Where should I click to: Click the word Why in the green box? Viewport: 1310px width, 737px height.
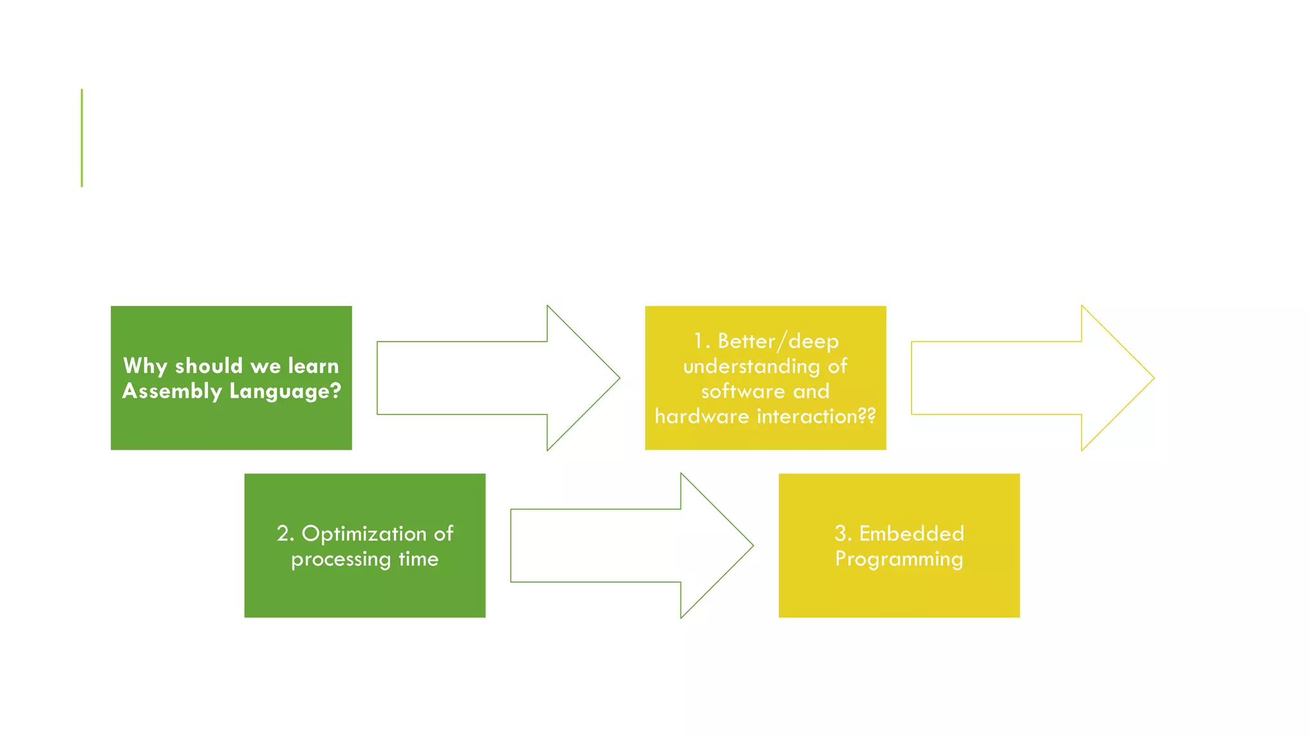(x=146, y=366)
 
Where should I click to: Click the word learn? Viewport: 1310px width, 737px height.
(x=313, y=366)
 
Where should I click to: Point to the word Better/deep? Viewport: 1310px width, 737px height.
(x=778, y=341)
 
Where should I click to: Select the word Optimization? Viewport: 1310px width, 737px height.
(x=364, y=534)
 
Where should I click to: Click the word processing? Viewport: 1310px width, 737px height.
(x=341, y=559)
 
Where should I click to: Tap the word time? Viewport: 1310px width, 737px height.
(x=418, y=559)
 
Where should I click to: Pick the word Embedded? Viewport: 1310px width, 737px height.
(x=911, y=534)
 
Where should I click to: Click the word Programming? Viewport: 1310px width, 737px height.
(x=899, y=559)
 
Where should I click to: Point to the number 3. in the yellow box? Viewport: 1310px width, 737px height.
(x=842, y=534)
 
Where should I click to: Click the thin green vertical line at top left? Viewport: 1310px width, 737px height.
(x=82, y=138)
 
